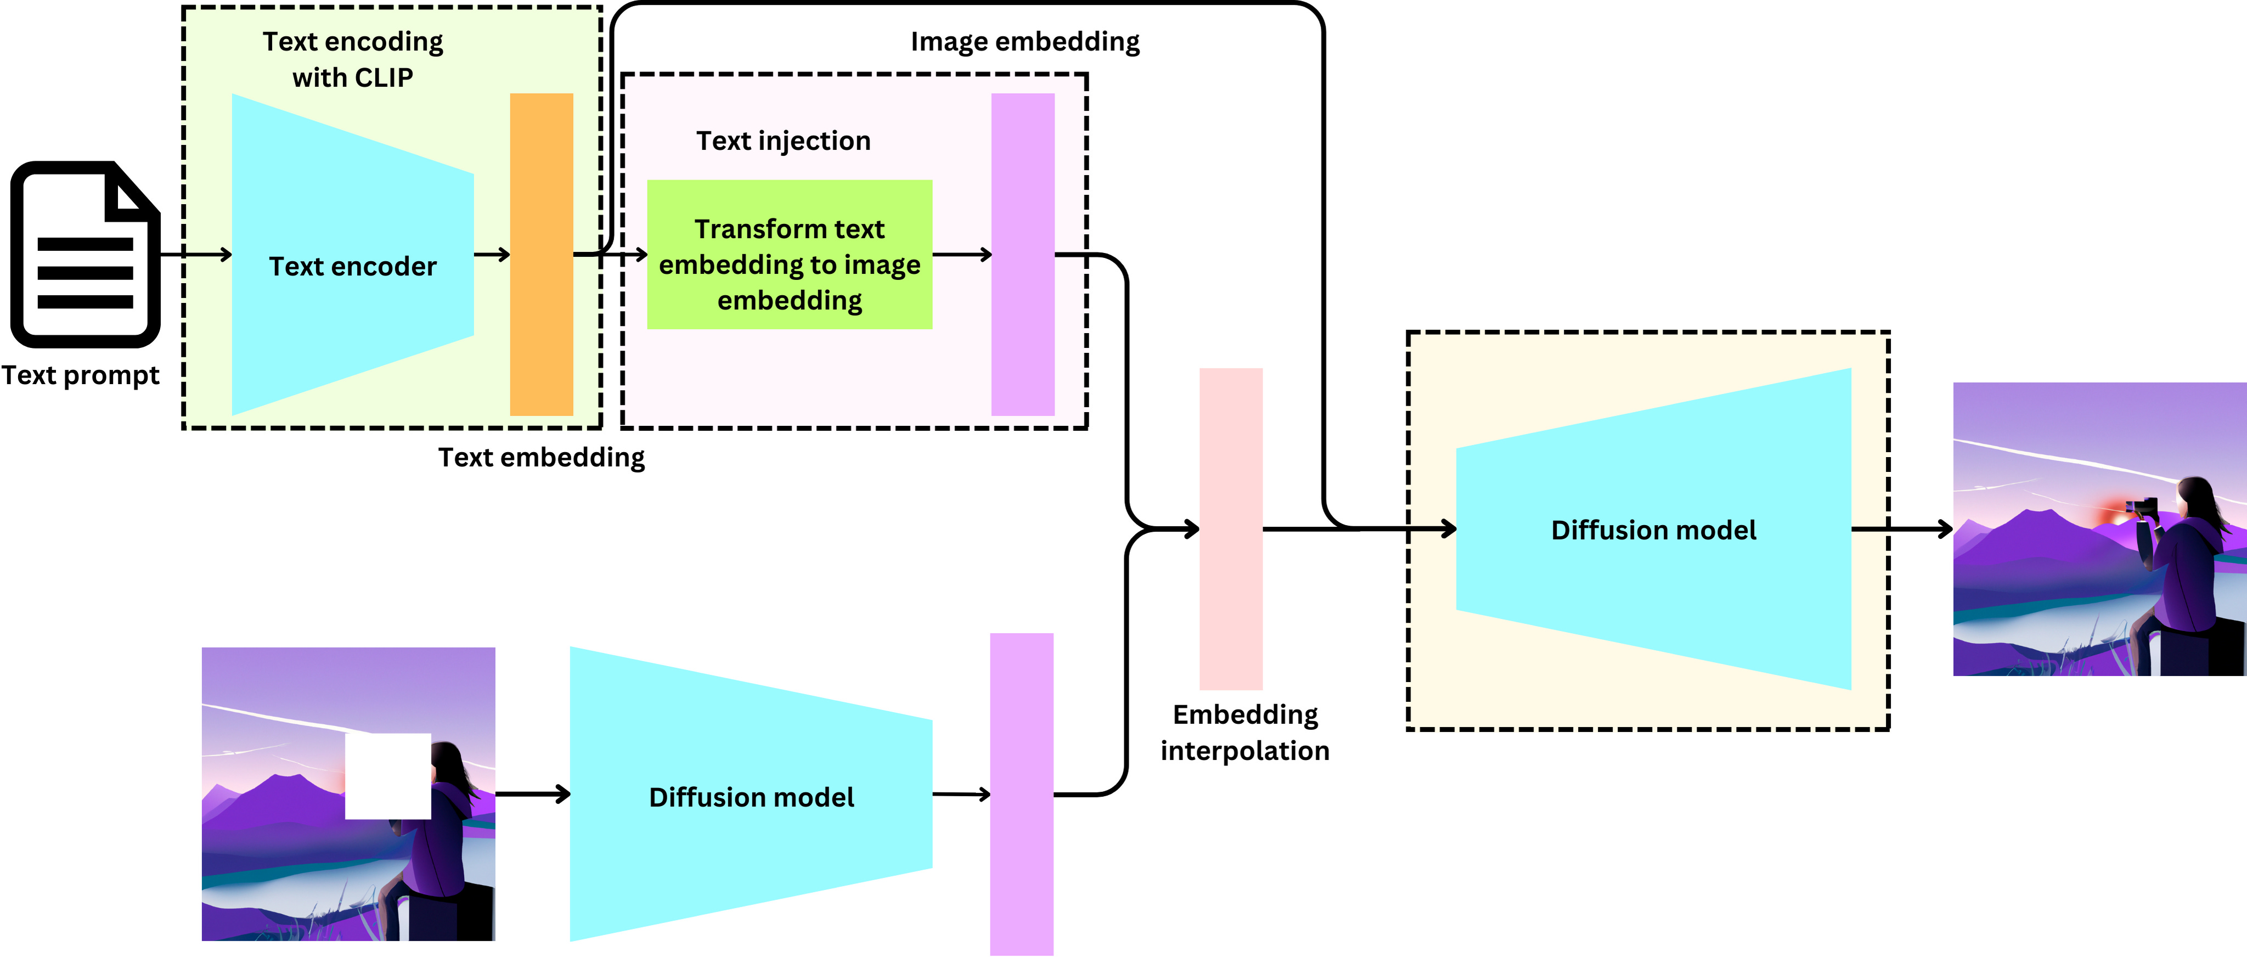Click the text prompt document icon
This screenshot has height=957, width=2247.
point(85,254)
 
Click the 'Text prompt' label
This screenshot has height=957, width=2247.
point(80,375)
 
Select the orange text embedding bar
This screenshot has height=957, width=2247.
point(541,254)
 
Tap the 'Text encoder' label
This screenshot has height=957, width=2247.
point(352,266)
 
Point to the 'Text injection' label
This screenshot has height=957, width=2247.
point(782,140)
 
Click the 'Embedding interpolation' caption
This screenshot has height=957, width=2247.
point(1244,732)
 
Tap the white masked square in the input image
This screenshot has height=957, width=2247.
point(387,775)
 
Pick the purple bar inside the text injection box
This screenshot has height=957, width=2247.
point(1022,254)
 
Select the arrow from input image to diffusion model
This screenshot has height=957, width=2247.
point(532,794)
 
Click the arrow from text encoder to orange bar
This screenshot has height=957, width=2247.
point(492,255)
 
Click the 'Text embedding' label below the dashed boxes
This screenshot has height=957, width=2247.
point(541,457)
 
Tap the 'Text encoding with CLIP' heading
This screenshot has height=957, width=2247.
point(352,59)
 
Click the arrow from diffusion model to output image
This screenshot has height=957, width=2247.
point(1901,528)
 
